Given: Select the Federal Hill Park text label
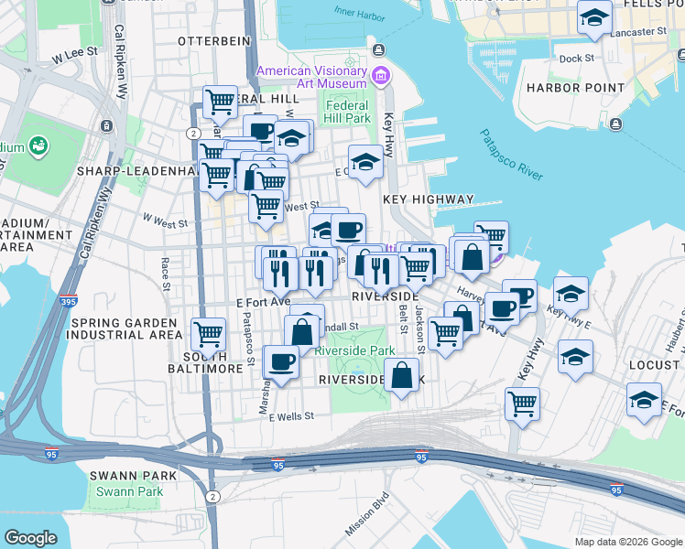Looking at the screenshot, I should click(346, 111).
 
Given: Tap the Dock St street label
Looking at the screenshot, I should click(576, 58).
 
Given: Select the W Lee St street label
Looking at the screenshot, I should click(74, 55).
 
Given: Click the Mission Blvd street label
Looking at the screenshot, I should click(367, 514).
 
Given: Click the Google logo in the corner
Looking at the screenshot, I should click(30, 538).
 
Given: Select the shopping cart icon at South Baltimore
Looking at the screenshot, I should click(209, 334).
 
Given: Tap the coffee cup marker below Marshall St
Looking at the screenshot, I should click(281, 361).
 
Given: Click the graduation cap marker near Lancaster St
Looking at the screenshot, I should click(595, 17).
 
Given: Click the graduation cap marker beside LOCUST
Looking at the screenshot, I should click(644, 399).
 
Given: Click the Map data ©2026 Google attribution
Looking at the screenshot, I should click(627, 542).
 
